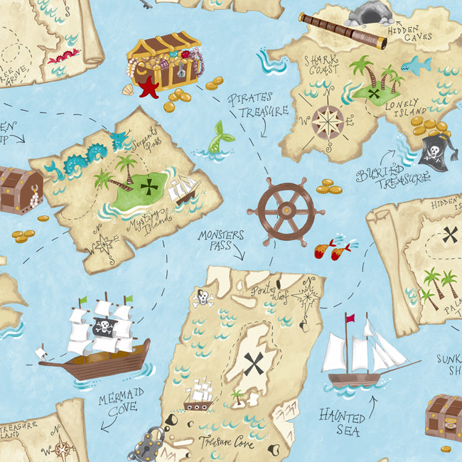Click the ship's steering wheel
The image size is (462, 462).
(286, 210)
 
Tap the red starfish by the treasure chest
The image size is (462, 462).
(149, 87)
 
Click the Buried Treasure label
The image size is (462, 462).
(393, 176)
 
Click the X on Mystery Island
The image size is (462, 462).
(149, 187)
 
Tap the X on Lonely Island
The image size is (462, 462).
(374, 92)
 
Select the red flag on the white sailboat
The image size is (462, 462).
(350, 317)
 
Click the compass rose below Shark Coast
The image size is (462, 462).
(328, 121)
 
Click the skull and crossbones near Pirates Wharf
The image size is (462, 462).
(203, 297)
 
